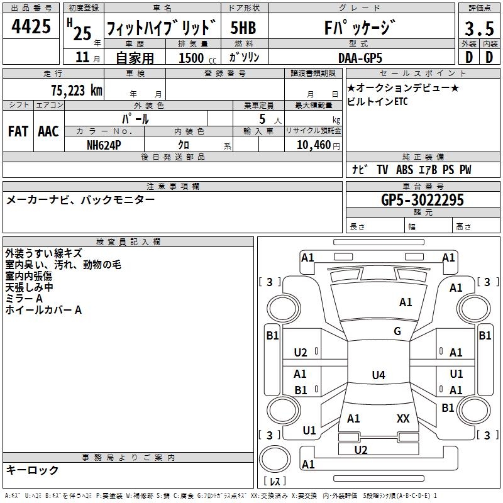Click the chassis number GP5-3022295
[x=423, y=200]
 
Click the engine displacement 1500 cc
[x=192, y=57]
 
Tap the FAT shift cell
[x=18, y=131]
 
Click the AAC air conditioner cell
[x=48, y=131]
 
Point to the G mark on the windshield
[x=397, y=331]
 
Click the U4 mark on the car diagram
[x=378, y=375]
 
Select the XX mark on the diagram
[x=403, y=418]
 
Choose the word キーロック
[x=32, y=470]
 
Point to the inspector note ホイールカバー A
[x=43, y=310]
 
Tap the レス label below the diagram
[x=275, y=482]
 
